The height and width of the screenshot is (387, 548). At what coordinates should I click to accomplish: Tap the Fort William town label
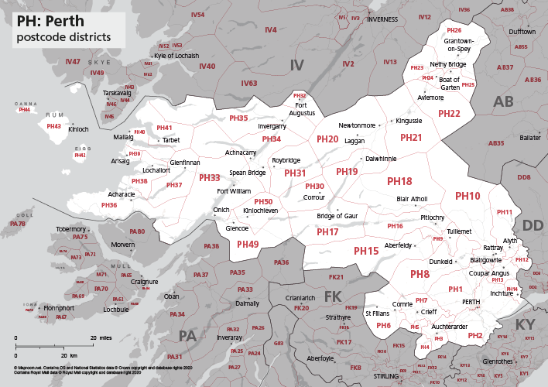tap(234, 191)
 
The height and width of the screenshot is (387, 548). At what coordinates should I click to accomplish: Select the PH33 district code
tap(210, 178)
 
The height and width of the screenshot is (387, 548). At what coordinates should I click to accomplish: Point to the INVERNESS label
tap(387, 19)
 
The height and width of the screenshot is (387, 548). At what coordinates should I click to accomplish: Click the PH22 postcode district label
tap(449, 114)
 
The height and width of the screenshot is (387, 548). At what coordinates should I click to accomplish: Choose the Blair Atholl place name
tap(412, 199)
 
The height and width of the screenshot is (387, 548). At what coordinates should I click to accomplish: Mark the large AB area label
tap(503, 102)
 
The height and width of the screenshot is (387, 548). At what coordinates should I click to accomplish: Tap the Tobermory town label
tap(71, 229)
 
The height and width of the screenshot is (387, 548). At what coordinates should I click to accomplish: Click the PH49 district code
tap(248, 244)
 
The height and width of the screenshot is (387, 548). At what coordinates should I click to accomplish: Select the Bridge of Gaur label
tap(337, 215)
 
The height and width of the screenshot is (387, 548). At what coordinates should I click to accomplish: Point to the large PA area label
tap(187, 335)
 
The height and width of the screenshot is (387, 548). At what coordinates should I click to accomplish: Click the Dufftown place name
tap(522, 31)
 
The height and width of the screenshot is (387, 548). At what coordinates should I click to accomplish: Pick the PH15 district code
tap(366, 251)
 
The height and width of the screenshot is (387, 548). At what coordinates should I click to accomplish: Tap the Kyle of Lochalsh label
tap(176, 56)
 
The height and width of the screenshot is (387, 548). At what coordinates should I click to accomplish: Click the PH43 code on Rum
tap(53, 126)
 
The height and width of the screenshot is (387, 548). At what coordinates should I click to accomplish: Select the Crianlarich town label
tap(300, 297)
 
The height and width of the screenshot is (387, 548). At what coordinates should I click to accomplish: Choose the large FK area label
tap(332, 296)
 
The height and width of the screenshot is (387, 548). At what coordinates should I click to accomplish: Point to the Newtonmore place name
tap(357, 125)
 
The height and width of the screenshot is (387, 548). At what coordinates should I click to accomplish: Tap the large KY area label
tap(525, 324)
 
